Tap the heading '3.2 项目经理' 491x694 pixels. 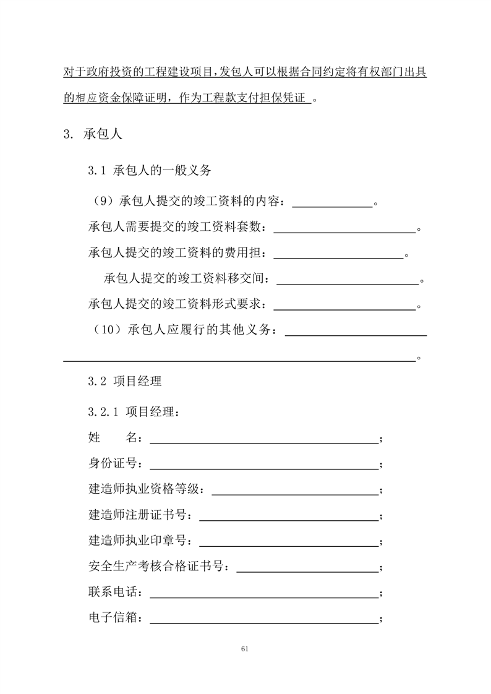coord(125,382)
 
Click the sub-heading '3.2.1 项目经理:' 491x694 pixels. coord(135,411)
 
